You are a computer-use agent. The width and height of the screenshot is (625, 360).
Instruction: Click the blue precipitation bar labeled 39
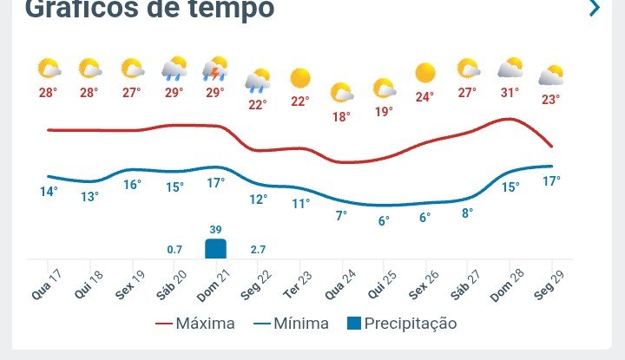coord(215,248)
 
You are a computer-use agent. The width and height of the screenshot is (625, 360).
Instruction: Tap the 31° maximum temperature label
coord(510,93)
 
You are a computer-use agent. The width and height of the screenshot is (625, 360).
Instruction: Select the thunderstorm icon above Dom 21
coord(215,69)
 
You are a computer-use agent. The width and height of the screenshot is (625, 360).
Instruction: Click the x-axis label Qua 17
coord(48,285)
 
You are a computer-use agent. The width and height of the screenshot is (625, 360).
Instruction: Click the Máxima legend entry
coord(195,324)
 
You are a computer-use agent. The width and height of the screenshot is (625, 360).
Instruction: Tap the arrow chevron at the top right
coord(594,9)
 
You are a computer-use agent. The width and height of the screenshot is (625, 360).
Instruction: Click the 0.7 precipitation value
coord(174,250)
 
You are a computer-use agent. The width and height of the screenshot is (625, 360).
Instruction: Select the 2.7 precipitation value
coord(258,250)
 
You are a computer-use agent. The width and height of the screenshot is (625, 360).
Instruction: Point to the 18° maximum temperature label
coord(341,117)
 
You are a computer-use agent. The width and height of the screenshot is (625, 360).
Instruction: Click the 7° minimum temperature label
coord(341,215)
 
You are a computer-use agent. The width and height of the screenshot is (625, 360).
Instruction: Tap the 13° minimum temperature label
coord(89,197)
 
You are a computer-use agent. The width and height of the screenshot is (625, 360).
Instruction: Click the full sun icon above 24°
coord(424,73)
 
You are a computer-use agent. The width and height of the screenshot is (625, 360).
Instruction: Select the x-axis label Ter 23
coord(299,285)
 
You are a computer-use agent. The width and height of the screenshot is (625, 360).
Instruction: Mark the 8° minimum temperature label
coord(467,213)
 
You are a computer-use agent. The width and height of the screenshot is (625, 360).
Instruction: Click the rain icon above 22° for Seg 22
coord(257,81)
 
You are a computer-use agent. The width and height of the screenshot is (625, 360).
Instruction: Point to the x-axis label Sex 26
coord(425,285)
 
